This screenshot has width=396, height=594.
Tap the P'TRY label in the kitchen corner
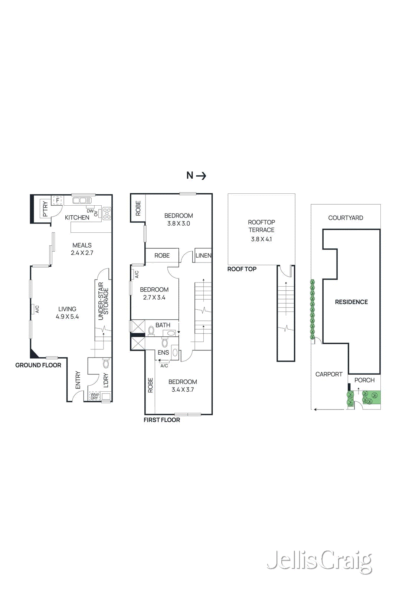click(45, 209)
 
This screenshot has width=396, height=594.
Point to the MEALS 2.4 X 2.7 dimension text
click(82, 253)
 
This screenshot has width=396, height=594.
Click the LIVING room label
click(67, 309)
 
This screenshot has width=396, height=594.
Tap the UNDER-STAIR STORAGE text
click(103, 301)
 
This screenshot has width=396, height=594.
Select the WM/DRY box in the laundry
click(95, 396)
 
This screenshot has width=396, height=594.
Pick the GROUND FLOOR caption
click(38, 365)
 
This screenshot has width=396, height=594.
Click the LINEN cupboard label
click(203, 255)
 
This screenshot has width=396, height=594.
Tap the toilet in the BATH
click(151, 330)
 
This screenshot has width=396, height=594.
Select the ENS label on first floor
click(163, 352)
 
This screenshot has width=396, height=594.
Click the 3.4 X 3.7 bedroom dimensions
click(183, 389)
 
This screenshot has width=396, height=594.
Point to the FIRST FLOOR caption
click(162, 420)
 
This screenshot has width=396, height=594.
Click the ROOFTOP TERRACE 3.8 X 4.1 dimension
click(261, 239)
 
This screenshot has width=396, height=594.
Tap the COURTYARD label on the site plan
click(346, 218)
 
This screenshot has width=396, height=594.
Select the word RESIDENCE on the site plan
click(351, 302)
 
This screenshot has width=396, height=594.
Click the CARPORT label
click(329, 374)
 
